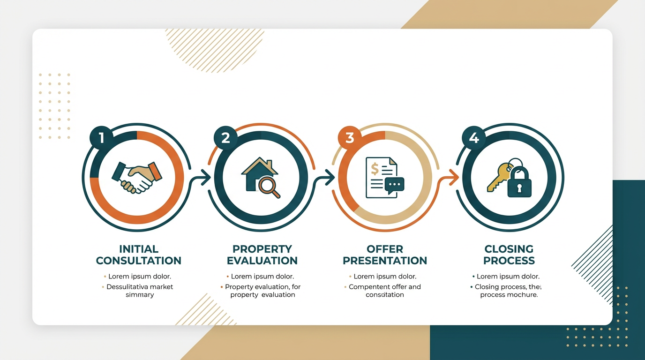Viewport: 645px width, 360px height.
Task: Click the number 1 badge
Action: pyautogui.click(x=101, y=138)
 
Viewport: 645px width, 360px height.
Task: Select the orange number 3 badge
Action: pyautogui.click(x=350, y=138)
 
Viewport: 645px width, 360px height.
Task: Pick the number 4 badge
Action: pyautogui.click(x=474, y=138)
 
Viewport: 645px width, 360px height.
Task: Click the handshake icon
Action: pyautogui.click(x=136, y=177)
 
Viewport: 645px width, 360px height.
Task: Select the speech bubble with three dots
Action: pyautogui.click(x=394, y=185)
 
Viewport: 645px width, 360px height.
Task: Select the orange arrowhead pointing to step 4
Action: pyautogui.click(x=453, y=176)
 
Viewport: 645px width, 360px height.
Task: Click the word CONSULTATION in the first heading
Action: pyautogui.click(x=138, y=261)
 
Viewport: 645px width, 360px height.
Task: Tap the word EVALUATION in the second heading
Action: pyautogui.click(x=262, y=261)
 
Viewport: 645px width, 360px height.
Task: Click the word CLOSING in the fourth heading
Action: pyautogui.click(x=509, y=249)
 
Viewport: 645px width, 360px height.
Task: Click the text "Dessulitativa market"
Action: pyautogui.click(x=140, y=287)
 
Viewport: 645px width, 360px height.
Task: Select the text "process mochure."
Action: pyautogui.click(x=509, y=295)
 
